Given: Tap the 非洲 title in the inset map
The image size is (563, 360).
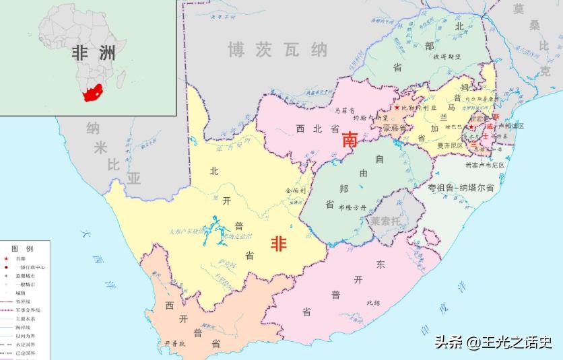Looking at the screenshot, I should click(x=94, y=53).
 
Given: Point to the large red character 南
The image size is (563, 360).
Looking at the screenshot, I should click(x=350, y=139).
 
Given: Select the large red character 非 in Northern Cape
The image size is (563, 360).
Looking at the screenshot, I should click(x=279, y=244).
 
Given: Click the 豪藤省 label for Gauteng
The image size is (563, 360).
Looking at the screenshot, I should click(x=395, y=128).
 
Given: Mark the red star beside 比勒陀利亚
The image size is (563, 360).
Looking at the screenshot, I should click(x=397, y=108).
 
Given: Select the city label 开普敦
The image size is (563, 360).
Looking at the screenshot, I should click(x=173, y=344).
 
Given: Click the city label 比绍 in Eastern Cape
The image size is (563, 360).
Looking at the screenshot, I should click(x=373, y=302).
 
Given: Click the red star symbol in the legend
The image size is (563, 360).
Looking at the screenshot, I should click(x=6, y=258).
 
